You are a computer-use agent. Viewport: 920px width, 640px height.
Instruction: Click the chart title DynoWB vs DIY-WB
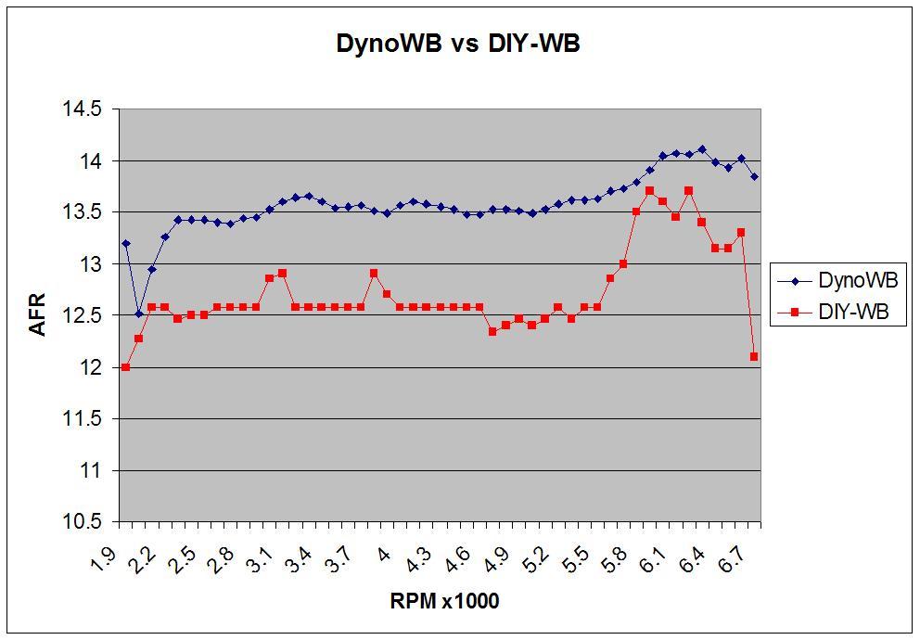pyautogui.click(x=458, y=44)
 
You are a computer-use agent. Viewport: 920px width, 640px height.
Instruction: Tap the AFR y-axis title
pyautogui.click(x=38, y=314)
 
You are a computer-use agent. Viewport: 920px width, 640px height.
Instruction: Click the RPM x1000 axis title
pyautogui.click(x=444, y=601)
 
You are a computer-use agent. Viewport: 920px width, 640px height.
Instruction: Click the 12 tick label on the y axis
pyautogui.click(x=90, y=368)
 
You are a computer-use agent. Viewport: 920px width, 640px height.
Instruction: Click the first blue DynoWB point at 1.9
pyautogui.click(x=125, y=244)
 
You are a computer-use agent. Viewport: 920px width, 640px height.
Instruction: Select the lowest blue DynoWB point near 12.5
pyautogui.click(x=138, y=314)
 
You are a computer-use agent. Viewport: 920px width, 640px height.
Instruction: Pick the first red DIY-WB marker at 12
pyautogui.click(x=125, y=367)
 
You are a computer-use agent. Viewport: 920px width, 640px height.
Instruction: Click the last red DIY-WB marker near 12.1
pyautogui.click(x=754, y=356)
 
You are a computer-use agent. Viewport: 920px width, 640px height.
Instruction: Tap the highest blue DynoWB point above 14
pyautogui.click(x=702, y=149)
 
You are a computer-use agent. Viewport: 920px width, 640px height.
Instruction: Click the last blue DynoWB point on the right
pyautogui.click(x=754, y=176)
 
